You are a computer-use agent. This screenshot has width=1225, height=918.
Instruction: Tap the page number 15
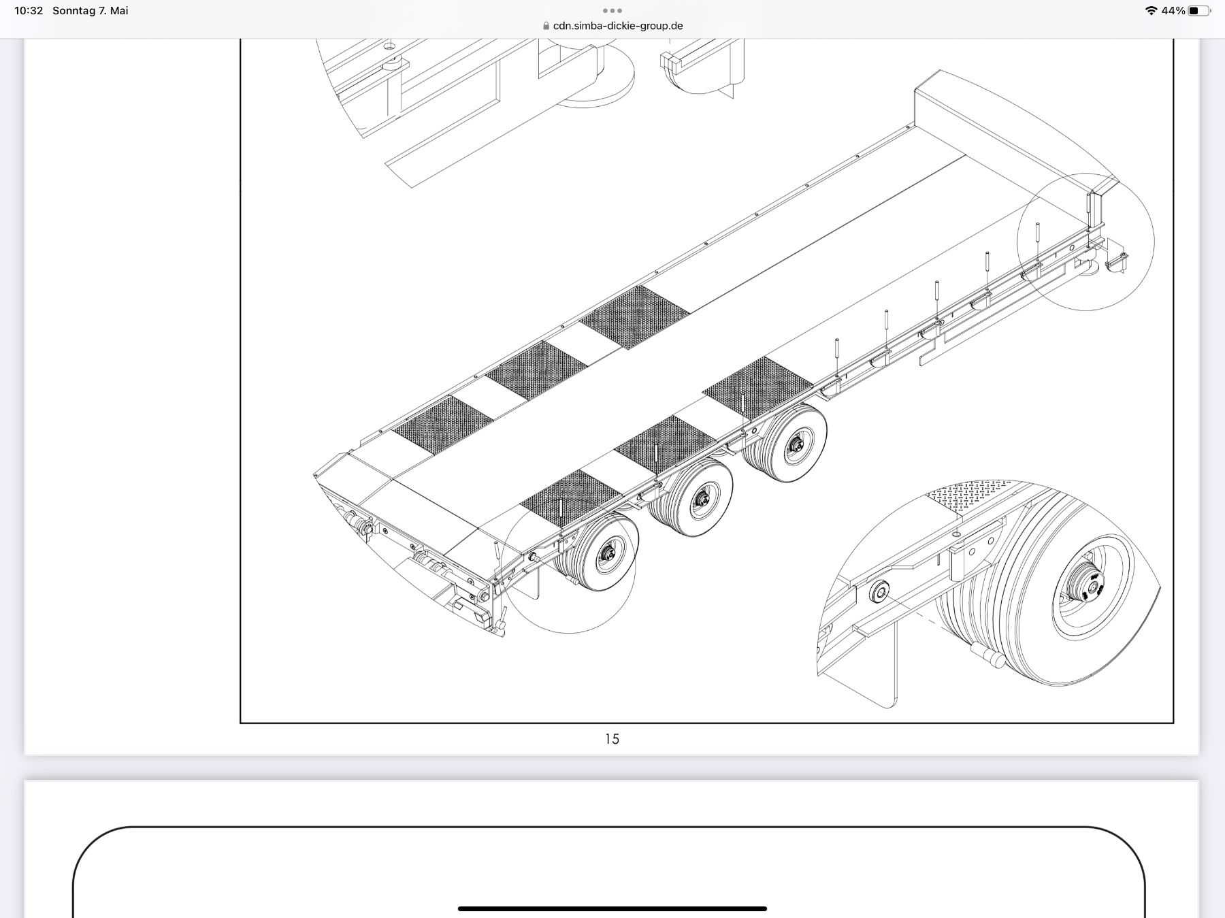tap(612, 739)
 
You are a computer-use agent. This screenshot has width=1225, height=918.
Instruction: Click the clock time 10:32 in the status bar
tap(29, 11)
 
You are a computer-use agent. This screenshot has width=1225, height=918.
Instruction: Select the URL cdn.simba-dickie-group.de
tap(618, 26)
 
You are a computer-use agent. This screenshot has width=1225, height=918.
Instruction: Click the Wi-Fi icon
tap(1151, 11)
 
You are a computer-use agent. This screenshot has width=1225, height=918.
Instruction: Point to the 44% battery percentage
tap(1173, 11)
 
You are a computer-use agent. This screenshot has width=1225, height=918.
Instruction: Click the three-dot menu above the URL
tap(612, 11)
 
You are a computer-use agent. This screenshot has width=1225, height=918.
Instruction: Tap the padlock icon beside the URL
tap(546, 26)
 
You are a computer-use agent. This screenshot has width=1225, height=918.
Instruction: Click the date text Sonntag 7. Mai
tap(91, 11)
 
